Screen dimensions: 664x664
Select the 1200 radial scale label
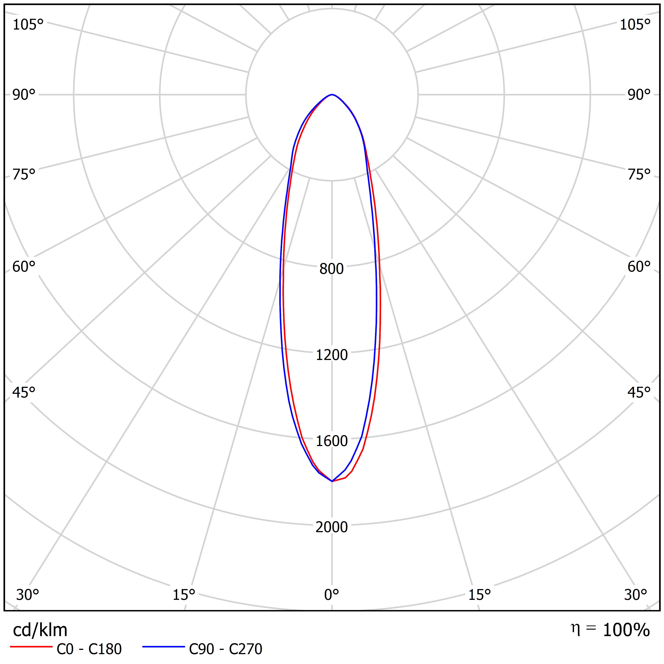pos(331,355)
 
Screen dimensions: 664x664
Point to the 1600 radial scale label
pos(331,441)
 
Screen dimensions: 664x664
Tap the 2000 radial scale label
pos(331,527)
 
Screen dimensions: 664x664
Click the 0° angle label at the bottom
pos(331,595)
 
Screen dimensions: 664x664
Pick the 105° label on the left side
pos(28,25)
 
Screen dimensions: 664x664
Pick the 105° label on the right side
pos(635,25)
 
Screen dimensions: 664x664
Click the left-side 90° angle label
pos(24,95)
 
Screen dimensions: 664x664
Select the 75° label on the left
pos(24,175)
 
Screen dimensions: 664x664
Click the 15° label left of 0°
pos(184,595)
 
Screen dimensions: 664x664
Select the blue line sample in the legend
pos(164,647)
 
